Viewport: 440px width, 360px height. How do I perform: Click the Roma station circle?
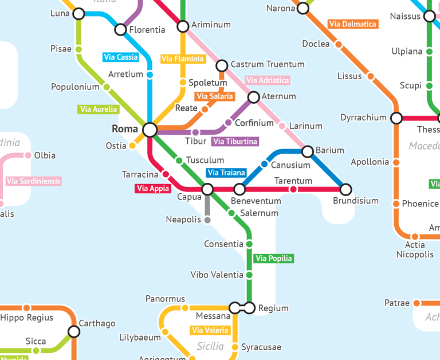(150, 130)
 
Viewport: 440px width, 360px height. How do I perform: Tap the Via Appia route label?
(153, 188)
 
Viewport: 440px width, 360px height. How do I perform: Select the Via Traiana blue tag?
(226, 173)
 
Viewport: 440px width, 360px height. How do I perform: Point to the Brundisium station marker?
(345, 189)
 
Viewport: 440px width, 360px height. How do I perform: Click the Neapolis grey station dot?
(207, 220)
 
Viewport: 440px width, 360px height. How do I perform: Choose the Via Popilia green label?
(273, 259)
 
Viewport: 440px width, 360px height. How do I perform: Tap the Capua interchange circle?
(207, 189)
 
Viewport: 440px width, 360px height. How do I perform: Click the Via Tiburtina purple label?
(235, 141)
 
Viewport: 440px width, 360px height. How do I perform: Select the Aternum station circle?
(254, 97)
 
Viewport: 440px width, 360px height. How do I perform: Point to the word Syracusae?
(261, 347)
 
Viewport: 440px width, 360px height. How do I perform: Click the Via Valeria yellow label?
(210, 330)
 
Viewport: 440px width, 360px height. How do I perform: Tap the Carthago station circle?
(74, 331)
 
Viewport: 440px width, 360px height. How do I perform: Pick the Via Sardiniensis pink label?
(33, 181)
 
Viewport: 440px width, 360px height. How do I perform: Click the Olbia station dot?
(27, 155)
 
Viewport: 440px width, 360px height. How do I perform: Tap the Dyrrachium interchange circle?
(396, 118)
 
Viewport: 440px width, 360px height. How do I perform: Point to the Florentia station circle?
(121, 29)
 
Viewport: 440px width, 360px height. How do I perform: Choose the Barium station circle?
(307, 151)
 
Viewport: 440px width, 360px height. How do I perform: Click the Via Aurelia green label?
(99, 109)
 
